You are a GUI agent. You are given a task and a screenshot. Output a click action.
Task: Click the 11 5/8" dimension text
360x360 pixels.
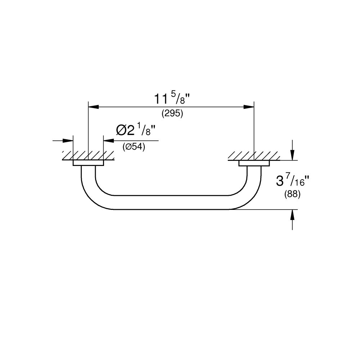(172, 99)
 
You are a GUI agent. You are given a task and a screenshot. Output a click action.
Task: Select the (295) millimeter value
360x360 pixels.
(172, 113)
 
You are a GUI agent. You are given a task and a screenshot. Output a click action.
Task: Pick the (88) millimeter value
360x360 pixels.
(292, 194)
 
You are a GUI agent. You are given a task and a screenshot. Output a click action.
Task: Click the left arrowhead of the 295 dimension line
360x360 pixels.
(94, 107)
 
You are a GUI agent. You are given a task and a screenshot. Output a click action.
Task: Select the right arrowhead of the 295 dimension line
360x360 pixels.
(249, 107)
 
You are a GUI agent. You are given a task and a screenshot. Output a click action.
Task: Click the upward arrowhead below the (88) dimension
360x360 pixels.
(292, 215)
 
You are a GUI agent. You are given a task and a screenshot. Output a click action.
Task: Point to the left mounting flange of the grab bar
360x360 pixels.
(88, 163)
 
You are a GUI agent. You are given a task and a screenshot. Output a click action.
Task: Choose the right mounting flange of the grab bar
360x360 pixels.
(254, 163)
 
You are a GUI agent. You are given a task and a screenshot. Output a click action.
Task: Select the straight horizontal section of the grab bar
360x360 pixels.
(171, 202)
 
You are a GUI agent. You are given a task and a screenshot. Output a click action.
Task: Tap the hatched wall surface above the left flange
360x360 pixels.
(88, 156)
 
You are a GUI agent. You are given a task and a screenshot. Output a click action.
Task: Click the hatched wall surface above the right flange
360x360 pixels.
(254, 156)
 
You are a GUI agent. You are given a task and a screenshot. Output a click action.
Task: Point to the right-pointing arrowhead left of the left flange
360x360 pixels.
(68, 140)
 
